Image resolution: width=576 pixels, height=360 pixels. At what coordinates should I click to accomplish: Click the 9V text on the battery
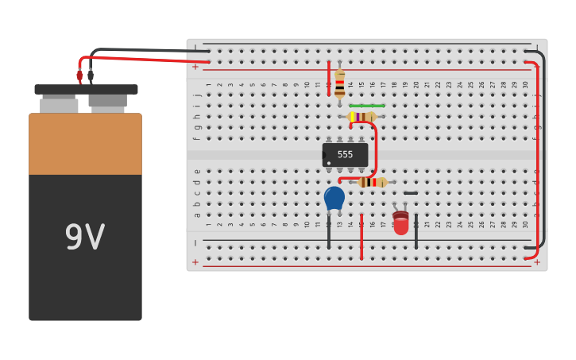(x=84, y=238)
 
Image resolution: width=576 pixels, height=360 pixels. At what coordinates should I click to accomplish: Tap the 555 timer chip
(x=346, y=154)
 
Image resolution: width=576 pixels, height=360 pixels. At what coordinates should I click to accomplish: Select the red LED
(x=401, y=223)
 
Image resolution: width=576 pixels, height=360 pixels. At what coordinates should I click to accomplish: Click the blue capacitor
(x=334, y=198)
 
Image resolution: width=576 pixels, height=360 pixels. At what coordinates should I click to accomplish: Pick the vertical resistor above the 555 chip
(x=339, y=83)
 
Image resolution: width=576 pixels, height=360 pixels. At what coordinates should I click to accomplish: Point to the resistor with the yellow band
(x=362, y=117)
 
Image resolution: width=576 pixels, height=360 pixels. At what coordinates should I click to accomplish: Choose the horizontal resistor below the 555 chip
(x=372, y=182)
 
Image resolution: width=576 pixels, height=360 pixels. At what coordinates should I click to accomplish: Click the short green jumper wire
(x=367, y=106)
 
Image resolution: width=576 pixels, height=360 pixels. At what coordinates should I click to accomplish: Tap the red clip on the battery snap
(x=79, y=75)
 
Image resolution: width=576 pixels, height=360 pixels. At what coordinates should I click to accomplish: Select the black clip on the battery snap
(x=91, y=75)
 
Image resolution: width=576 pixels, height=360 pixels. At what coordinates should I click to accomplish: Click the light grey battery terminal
(x=59, y=104)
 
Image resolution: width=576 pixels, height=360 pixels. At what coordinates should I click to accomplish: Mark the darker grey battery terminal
(x=107, y=102)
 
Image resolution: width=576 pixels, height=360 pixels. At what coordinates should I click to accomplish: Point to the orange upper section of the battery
(x=85, y=144)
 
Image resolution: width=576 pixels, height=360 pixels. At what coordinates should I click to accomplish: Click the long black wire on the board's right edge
(x=543, y=151)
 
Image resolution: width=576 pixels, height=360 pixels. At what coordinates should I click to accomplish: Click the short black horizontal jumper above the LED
(x=410, y=193)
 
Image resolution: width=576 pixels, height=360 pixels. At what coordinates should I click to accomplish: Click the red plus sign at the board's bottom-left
(x=195, y=261)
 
